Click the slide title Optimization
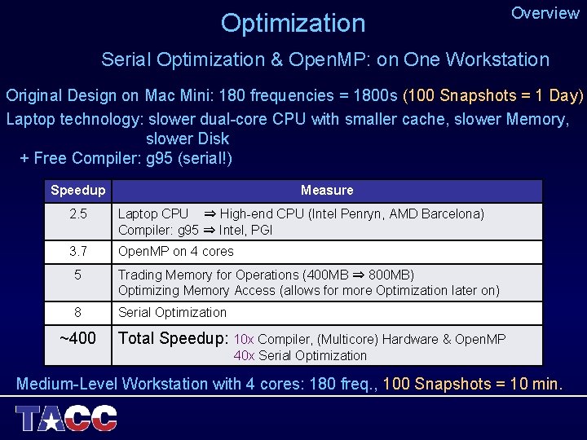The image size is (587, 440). tap(293, 23)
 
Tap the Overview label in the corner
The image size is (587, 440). tap(545, 13)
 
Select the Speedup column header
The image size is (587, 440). tap(77, 191)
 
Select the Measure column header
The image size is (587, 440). tap(327, 191)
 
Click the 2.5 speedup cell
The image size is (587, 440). tap(77, 214)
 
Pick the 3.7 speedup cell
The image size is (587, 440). tap(77, 252)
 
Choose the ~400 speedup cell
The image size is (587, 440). tap(77, 338)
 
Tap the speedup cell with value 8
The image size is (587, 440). tap(77, 312)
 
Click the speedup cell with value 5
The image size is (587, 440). tap(77, 275)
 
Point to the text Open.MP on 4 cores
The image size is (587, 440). tap(176, 252)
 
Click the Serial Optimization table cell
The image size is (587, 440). tap(173, 312)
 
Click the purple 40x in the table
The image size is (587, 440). tap(243, 355)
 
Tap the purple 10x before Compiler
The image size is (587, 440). tap(244, 339)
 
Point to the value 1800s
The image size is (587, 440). tap(376, 95)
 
